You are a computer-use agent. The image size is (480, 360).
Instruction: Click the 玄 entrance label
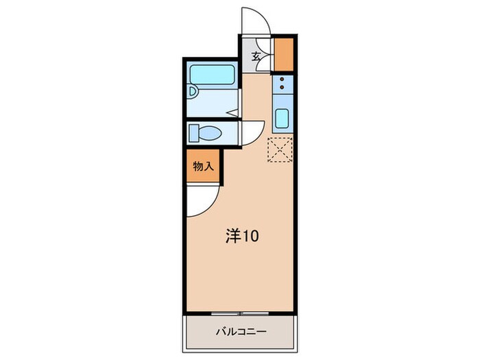255,58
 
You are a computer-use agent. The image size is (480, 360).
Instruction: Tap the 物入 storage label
203,167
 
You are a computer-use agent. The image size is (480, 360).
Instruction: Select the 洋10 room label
242,237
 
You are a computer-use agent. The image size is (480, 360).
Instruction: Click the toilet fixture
204,132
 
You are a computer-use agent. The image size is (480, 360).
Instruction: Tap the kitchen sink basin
282,119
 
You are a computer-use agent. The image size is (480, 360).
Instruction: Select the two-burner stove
282,86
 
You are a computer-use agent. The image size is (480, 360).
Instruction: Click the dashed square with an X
280,151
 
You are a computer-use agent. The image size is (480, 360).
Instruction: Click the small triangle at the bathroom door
233,111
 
